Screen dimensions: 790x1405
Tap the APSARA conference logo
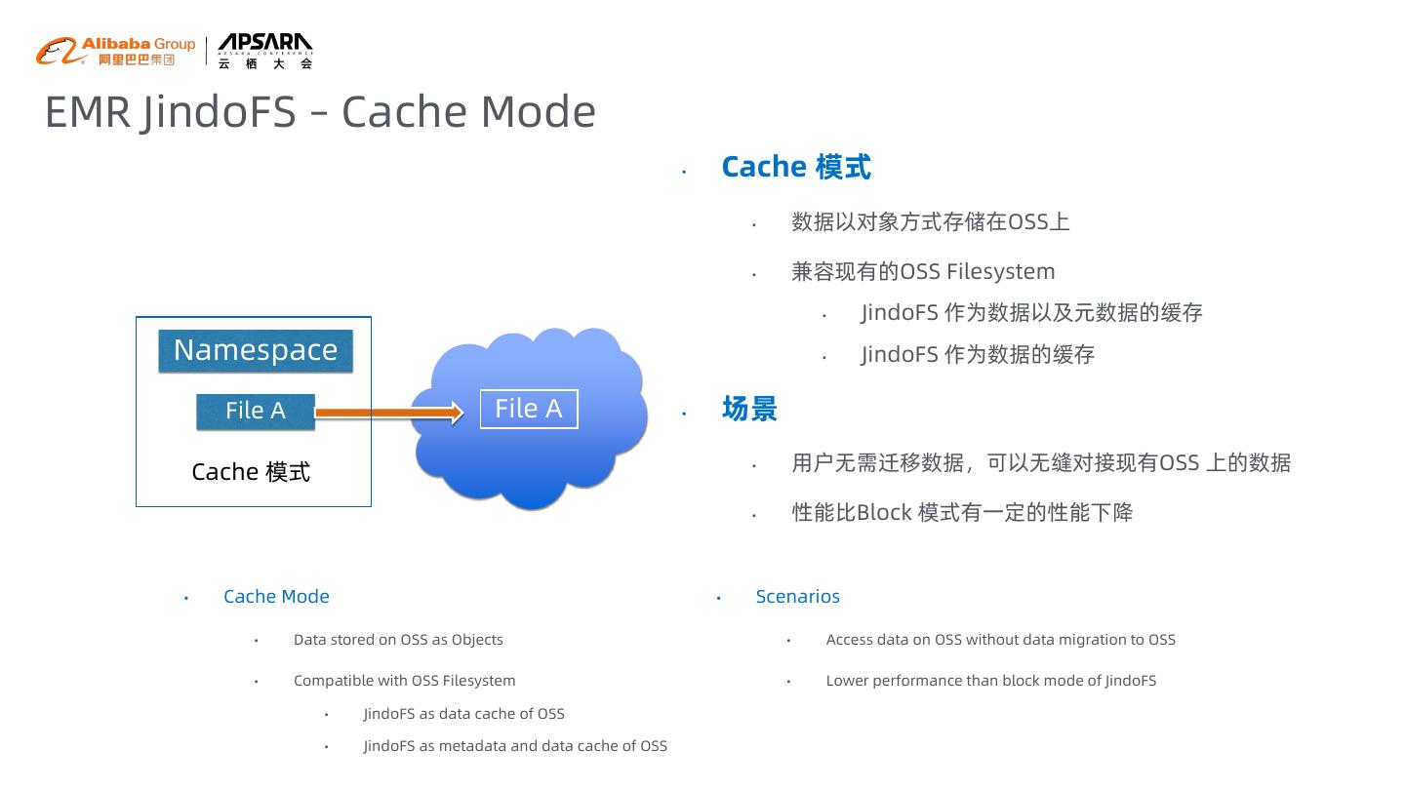pyautogui.click(x=264, y=51)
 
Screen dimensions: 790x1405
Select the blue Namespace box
pyautogui.click(x=256, y=351)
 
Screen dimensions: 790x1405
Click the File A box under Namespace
pyautogui.click(x=256, y=411)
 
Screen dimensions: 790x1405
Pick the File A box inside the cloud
pyautogui.click(x=529, y=409)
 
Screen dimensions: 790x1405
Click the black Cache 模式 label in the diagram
pyautogui.click(x=251, y=472)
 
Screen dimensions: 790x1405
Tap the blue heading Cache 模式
pyautogui.click(x=796, y=167)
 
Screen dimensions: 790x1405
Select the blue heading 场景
pyautogui.click(x=749, y=409)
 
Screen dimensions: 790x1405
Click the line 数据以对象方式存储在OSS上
pyautogui.click(x=931, y=222)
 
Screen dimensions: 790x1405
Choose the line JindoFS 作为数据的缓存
pyautogui.click(x=978, y=355)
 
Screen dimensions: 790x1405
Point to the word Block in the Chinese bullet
pyautogui.click(x=884, y=513)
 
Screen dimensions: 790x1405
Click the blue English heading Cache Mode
pyautogui.click(x=276, y=596)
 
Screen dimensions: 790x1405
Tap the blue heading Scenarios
pyautogui.click(x=797, y=596)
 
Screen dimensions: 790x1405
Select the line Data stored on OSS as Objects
pyautogui.click(x=398, y=640)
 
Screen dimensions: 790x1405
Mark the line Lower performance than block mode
pyautogui.click(x=990, y=681)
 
